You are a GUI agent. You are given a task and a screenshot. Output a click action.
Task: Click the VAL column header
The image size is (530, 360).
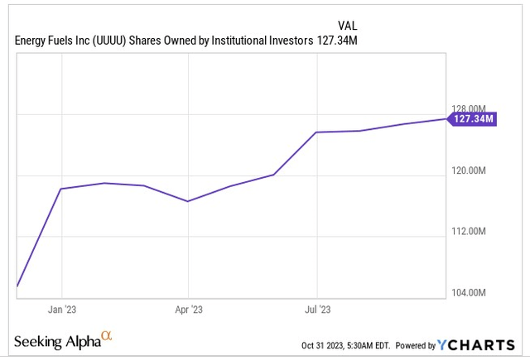pos(349,26)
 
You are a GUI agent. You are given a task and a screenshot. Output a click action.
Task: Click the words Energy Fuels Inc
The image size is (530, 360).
pos(46,42)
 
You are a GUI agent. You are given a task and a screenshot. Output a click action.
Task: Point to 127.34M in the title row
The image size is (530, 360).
pos(337,42)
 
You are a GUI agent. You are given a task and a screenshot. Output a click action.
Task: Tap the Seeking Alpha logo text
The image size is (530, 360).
pos(56,341)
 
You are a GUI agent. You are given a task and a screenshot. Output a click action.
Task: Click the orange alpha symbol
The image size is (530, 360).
pos(106,336)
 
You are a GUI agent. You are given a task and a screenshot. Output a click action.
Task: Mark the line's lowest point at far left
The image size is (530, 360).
pos(17,286)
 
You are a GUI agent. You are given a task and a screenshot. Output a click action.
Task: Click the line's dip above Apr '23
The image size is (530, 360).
pos(189,201)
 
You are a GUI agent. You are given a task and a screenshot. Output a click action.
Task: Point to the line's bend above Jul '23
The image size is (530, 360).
pos(317,132)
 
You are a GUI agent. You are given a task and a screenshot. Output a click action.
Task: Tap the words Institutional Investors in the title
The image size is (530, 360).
pos(259,42)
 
